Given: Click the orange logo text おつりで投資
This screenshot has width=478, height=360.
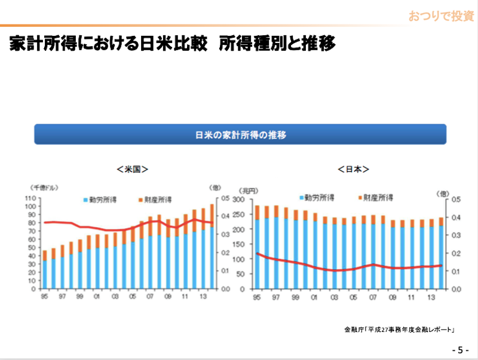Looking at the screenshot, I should click(x=441, y=16).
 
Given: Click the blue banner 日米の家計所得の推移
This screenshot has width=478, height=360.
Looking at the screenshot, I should click(x=240, y=135).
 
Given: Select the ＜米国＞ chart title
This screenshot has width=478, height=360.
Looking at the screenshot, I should click(x=132, y=169).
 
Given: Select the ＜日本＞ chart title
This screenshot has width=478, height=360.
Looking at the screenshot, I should click(x=353, y=169).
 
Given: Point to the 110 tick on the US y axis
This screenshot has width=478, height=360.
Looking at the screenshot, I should click(x=29, y=198).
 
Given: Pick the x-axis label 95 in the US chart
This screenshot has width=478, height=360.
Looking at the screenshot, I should click(x=44, y=297).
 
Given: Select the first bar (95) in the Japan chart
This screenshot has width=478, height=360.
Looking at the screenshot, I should click(x=258, y=246).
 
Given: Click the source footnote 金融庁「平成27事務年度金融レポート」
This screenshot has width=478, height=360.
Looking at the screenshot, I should click(x=400, y=330).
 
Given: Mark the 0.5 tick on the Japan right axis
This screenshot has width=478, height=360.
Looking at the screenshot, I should click(x=456, y=199).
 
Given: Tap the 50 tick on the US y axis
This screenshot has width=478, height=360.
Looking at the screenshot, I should click(x=29, y=248).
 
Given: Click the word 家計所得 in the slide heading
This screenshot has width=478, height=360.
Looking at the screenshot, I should click(x=38, y=44).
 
